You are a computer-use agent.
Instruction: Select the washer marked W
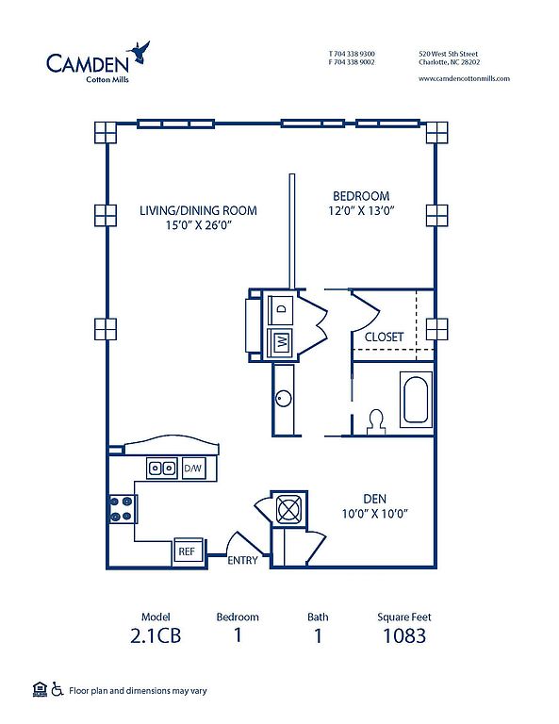point(280,342)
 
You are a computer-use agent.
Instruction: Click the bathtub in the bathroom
point(416,400)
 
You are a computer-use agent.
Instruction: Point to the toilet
point(376,421)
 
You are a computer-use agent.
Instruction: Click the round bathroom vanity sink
point(284,399)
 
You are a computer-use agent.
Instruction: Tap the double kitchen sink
point(162,469)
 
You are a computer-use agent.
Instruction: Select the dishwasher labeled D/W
point(193,469)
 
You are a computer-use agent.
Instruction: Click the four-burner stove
point(122,509)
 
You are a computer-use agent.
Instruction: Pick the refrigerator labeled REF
point(189,551)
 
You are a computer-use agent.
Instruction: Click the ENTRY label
point(242,561)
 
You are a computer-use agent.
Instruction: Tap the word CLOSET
point(384,337)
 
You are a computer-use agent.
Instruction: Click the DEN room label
point(375,499)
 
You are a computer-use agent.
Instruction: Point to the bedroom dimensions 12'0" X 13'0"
point(361,210)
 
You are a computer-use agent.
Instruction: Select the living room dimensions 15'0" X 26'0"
point(199,225)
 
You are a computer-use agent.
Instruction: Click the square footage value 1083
point(404,635)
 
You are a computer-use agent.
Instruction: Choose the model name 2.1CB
point(156,635)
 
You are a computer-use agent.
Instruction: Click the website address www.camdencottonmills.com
point(465,78)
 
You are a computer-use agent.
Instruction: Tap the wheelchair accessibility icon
point(58,689)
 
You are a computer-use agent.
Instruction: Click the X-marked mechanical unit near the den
point(288,509)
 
